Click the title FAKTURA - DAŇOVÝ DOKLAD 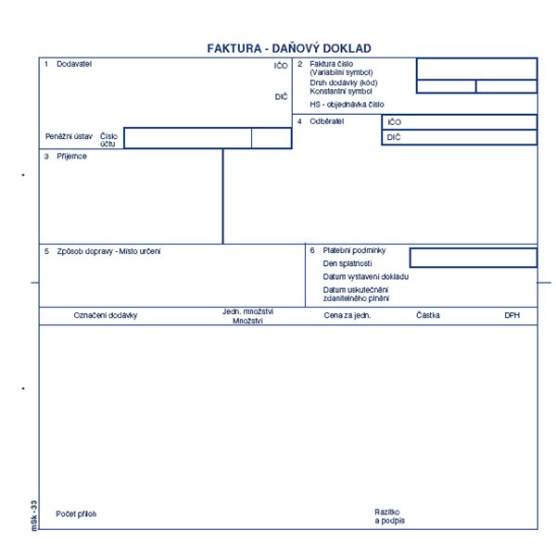click(289, 48)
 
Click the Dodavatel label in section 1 click(74, 64)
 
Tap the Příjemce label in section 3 click(71, 156)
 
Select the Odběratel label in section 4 click(326, 121)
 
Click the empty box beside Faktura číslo click(477, 69)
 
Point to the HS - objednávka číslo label click(347, 104)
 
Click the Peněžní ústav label click(69, 136)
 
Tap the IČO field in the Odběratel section click(460, 122)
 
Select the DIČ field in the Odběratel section click(460, 137)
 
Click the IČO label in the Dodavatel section click(281, 66)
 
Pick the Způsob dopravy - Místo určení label click(108, 251)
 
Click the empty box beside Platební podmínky click(474, 258)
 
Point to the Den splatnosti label click(347, 263)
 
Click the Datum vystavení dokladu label click(366, 276)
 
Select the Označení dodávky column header click(106, 315)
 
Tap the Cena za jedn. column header click(347, 315)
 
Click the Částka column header click(428, 315)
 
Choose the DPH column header click(512, 315)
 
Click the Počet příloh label click(76, 513)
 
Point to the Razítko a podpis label click(390, 516)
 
